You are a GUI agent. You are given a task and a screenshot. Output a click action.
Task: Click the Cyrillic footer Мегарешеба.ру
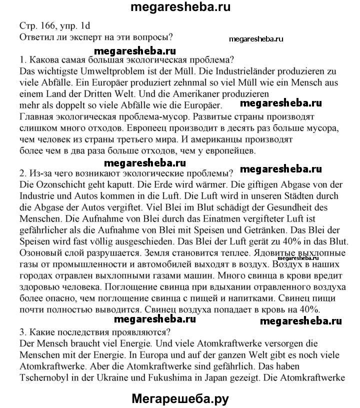click(180, 398)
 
